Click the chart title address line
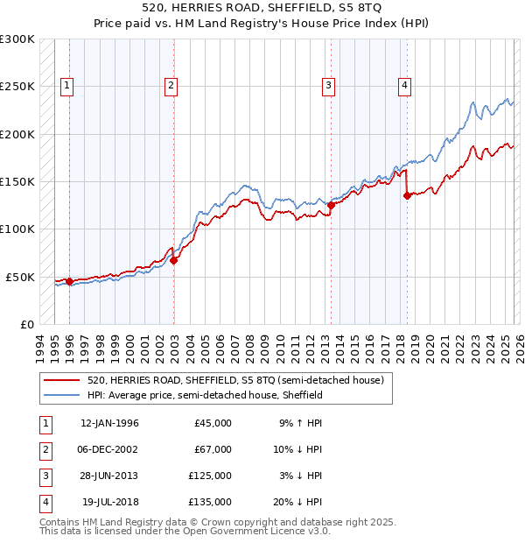point(262,8)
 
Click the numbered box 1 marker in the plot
point(68,85)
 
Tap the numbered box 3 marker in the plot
point(327,85)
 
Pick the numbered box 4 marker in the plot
point(405,85)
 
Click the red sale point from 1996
point(69,281)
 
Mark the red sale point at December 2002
point(173,260)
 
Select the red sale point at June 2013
point(331,205)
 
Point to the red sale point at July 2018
point(407,196)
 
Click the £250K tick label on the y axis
point(17,87)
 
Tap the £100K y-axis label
point(17,229)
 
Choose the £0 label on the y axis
point(26,324)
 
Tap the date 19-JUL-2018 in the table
point(110,502)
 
